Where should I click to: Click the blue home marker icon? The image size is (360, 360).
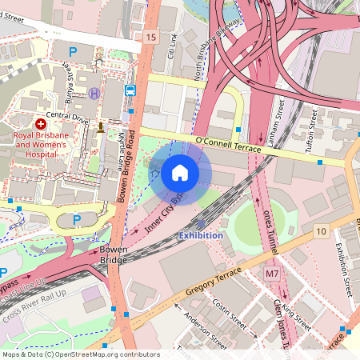(x=180, y=172)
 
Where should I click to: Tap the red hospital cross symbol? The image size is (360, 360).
(x=40, y=124)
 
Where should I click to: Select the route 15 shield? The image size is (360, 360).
(x=152, y=37)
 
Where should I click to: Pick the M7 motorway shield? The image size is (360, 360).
(x=273, y=274)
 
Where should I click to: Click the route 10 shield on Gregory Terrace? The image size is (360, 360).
(x=321, y=231)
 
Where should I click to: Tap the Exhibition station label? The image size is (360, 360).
(x=201, y=235)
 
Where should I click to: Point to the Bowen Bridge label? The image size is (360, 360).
(x=114, y=255)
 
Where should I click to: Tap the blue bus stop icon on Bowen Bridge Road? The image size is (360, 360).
(x=130, y=90)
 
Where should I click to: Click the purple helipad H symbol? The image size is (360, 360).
(x=94, y=94)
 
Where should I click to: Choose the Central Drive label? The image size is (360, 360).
(x=66, y=114)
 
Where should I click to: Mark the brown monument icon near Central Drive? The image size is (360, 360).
(x=101, y=126)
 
